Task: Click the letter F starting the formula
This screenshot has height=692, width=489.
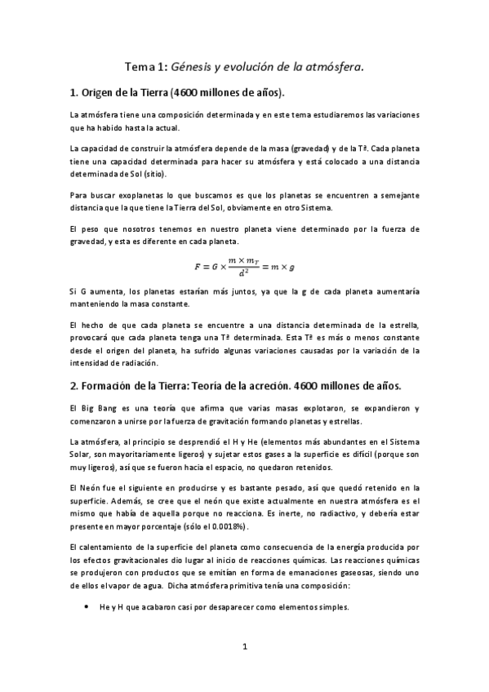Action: click(197, 266)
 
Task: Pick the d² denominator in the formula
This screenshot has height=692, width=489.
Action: click(244, 273)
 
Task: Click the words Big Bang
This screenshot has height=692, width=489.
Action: click(96, 407)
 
